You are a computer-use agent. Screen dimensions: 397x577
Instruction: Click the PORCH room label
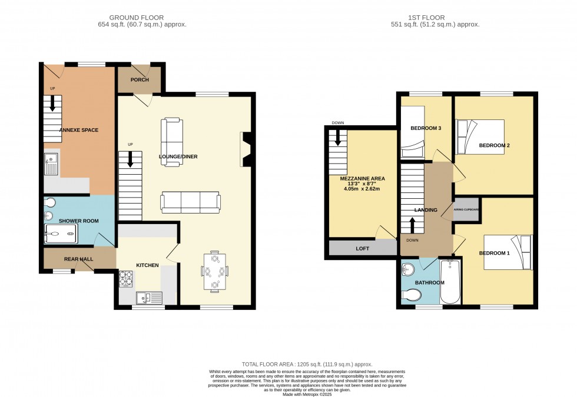point(140,80)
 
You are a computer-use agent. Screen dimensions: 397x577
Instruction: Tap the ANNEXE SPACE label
point(78,130)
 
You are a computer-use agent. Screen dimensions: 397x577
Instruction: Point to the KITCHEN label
point(147,265)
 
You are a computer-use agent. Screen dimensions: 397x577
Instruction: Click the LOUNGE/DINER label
point(178,156)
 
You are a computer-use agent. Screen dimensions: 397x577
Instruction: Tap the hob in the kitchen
point(127,278)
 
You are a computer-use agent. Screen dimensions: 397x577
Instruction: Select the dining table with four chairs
point(214,272)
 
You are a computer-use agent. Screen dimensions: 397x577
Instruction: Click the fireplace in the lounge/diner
point(246,151)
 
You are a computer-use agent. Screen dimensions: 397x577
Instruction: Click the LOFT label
point(363,248)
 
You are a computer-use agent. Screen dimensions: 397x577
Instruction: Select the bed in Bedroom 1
point(507,252)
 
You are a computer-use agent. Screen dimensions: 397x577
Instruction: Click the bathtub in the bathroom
point(451,282)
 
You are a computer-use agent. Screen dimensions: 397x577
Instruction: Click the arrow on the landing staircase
point(412,225)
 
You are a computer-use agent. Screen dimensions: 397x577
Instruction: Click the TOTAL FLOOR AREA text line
point(307,365)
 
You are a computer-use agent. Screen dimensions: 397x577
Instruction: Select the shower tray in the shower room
point(60,236)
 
